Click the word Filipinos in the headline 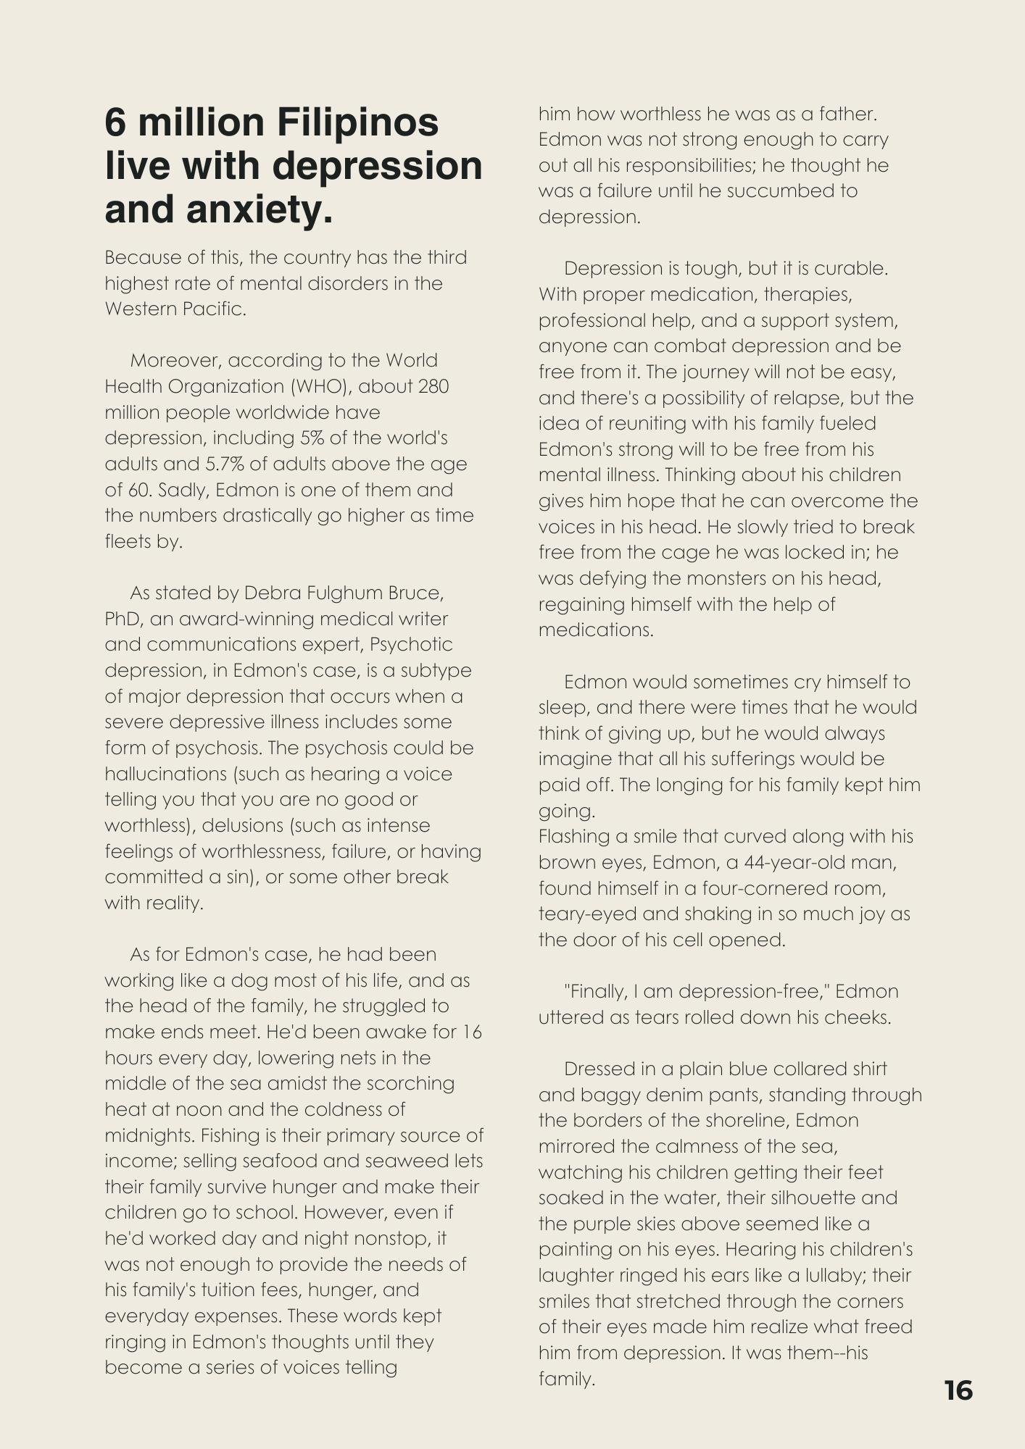coord(360,122)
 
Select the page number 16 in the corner coord(958,1390)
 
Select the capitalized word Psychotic coord(411,644)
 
